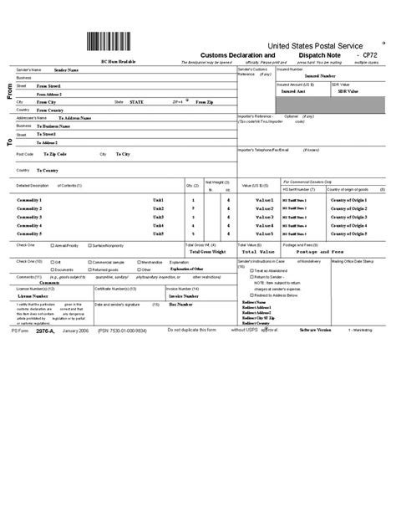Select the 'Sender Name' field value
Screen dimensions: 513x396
[x=66, y=71]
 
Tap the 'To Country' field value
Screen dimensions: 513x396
[x=48, y=170]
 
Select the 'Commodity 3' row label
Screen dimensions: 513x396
[x=29, y=217]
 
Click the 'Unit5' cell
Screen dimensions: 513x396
[x=158, y=233]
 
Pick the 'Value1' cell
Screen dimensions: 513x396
[x=264, y=201]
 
